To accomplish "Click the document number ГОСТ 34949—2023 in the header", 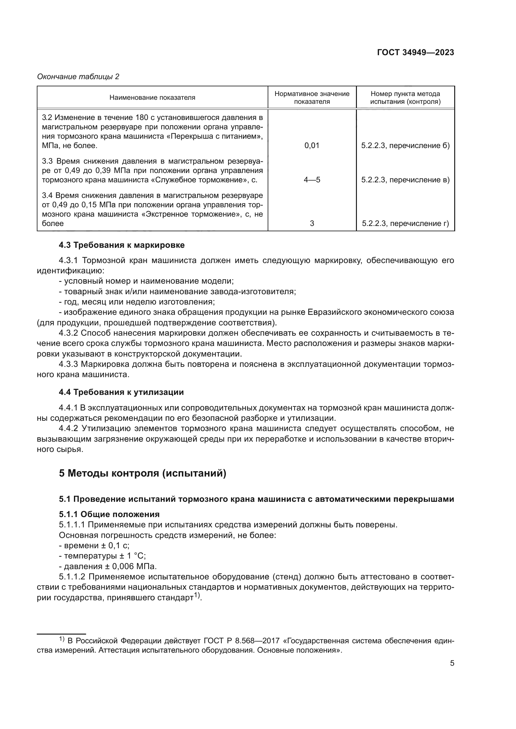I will pyautogui.click(x=415, y=52).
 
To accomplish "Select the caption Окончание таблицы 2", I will pyautogui.click(x=78, y=77).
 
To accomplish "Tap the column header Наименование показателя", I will pyautogui.click(x=152, y=98).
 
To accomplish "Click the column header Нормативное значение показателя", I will pyautogui.click(x=312, y=98).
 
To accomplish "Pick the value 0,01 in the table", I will pyautogui.click(x=312, y=146).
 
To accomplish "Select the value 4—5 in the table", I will pyautogui.click(x=312, y=180).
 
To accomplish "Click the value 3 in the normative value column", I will pyautogui.click(x=312, y=223).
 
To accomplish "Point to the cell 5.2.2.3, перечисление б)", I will pyautogui.click(x=406, y=146).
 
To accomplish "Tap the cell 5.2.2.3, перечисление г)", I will pyautogui.click(x=406, y=223).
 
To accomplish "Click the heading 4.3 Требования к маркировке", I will pyautogui.click(x=122, y=245).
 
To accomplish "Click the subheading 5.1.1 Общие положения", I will pyautogui.click(x=109, y=514).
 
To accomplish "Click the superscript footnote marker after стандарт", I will pyautogui.click(x=197, y=595).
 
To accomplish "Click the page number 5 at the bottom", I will pyautogui.click(x=452, y=663).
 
